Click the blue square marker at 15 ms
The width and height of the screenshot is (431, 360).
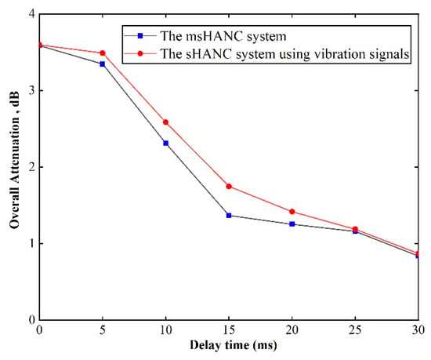point(229,215)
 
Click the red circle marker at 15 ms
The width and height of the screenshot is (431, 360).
point(229,186)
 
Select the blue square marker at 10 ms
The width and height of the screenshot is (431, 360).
point(165,143)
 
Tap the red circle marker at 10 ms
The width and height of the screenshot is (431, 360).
point(165,122)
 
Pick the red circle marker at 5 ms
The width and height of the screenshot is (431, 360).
point(103,53)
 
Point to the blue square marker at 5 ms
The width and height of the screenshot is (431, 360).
point(103,64)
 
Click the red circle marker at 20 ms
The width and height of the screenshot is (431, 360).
point(292,212)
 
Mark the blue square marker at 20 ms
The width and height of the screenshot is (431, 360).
point(292,224)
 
